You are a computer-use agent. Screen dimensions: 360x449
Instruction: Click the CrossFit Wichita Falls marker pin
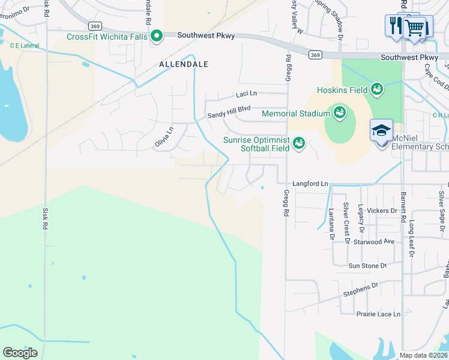(157, 37)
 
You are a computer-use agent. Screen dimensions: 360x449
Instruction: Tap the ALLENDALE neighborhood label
(183, 64)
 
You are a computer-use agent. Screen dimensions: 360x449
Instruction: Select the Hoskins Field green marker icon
(377, 89)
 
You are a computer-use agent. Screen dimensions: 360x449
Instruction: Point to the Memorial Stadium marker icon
(339, 113)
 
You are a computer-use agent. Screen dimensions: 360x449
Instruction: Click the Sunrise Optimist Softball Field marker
(298, 143)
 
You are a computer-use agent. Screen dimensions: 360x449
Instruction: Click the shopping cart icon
(414, 27)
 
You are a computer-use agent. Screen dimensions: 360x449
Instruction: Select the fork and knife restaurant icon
(395, 26)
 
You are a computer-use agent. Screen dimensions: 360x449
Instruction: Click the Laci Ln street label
(246, 94)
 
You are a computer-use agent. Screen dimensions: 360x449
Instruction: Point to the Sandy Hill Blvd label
(229, 112)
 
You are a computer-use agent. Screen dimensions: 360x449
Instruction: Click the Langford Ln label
(311, 183)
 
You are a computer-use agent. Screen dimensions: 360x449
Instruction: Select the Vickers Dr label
(382, 211)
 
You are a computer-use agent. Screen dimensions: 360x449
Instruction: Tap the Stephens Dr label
(361, 290)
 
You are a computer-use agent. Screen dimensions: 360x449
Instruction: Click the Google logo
(20, 352)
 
